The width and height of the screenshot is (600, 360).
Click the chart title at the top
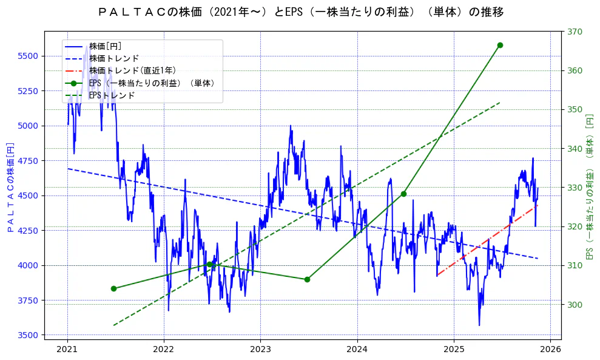(300, 12)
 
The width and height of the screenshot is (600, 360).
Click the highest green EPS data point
(500, 45)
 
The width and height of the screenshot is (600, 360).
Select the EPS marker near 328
(403, 194)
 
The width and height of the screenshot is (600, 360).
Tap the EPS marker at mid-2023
(307, 279)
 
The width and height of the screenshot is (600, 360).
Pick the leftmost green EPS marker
(113, 288)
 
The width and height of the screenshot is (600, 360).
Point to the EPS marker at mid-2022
(210, 264)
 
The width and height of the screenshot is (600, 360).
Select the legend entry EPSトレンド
(112, 95)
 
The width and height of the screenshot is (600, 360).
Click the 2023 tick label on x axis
(260, 349)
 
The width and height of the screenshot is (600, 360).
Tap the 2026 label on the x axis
(550, 349)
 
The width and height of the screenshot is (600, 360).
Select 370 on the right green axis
(573, 32)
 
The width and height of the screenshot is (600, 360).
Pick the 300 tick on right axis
(573, 305)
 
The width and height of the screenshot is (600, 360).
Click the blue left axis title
(10, 188)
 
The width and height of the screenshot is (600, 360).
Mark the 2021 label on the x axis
(67, 349)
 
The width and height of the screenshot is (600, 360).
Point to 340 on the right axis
(573, 149)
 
